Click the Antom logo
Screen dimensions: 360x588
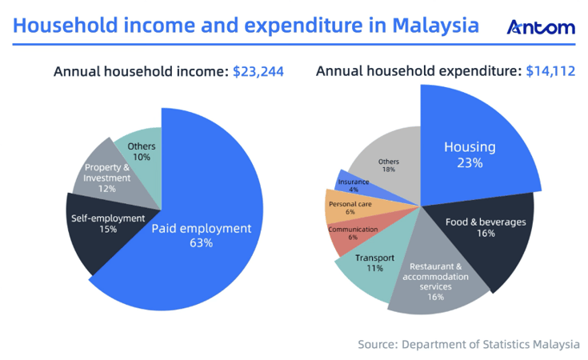pyautogui.click(x=541, y=27)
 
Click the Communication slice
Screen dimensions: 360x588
pyautogui.click(x=350, y=233)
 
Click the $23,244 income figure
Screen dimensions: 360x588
pyautogui.click(x=258, y=72)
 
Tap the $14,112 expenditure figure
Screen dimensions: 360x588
pyautogui.click(x=550, y=72)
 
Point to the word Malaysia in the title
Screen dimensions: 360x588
pyautogui.click(x=433, y=26)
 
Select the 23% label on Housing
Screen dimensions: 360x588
pyautogui.click(x=470, y=163)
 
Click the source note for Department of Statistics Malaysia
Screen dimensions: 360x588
pyautogui.click(x=468, y=345)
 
